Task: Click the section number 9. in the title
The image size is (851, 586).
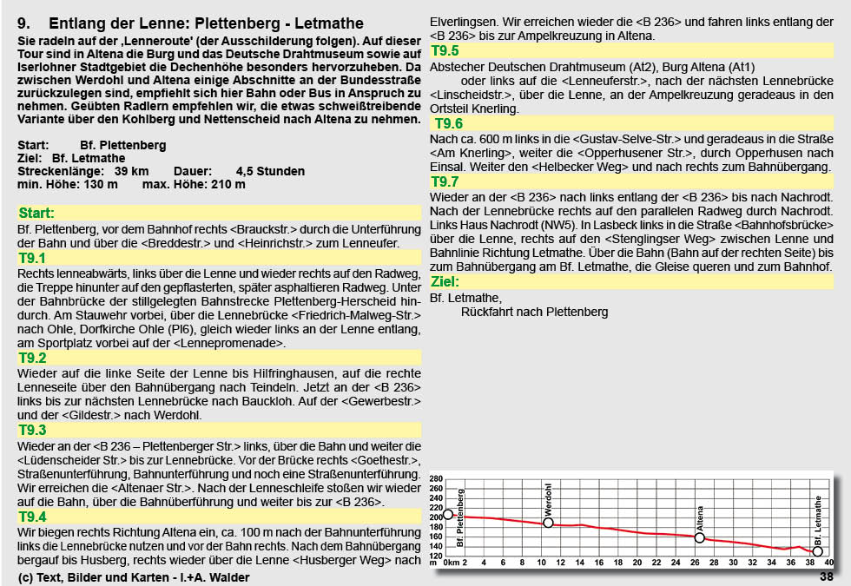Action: pos(25,23)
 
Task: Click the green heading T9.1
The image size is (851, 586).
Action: pos(32,259)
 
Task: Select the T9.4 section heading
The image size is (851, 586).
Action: pos(32,517)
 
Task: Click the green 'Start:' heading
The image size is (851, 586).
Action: pos(36,213)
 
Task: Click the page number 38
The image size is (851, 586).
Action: pos(826,576)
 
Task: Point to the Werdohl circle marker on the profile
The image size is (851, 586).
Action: pos(548,523)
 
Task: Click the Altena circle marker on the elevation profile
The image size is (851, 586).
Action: pos(700,537)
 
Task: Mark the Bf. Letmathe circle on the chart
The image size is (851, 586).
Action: pos(817,551)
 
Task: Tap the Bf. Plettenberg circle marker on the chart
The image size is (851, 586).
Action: pos(448,515)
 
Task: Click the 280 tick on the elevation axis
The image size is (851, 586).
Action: pos(436,479)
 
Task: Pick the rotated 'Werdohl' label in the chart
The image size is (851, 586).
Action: pos(548,500)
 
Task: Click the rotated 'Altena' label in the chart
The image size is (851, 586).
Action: pos(700,517)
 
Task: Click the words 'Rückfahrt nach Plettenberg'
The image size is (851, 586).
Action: pos(534,312)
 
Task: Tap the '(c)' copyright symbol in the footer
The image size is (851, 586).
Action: pos(24,576)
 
